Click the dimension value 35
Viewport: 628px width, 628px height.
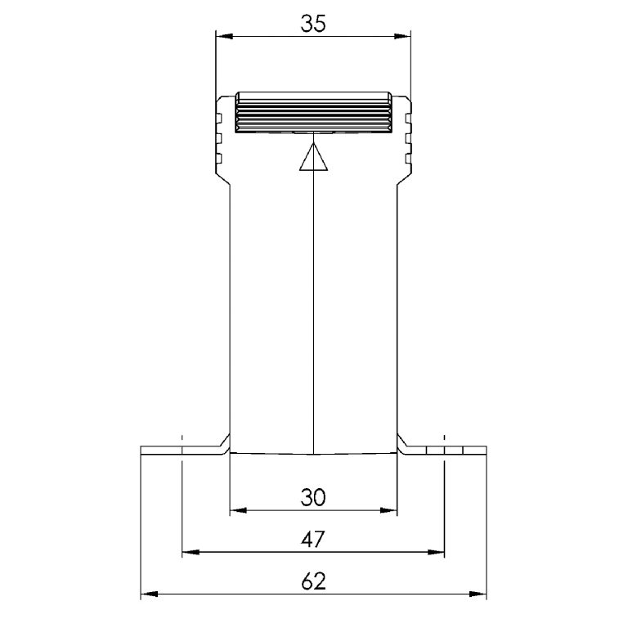313,24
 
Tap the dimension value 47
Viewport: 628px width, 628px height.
313,539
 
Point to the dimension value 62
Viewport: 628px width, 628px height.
313,581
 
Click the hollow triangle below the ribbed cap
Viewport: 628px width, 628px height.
313,158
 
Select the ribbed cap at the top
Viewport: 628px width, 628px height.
313,114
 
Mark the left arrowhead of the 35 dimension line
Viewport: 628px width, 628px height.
222,36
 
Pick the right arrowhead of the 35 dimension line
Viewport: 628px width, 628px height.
403,36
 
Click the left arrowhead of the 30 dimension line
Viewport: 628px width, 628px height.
237,511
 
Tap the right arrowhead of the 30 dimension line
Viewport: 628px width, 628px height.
390,511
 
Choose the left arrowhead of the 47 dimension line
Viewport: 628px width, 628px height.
189,554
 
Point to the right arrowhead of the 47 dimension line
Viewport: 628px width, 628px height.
437,554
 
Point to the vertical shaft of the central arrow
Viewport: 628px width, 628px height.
314,311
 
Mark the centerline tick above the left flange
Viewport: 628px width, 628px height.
182,437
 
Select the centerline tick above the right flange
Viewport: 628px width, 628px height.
445,437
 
